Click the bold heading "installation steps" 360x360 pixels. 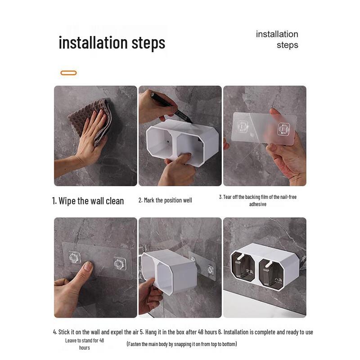(x=112, y=43)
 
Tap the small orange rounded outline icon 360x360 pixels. (x=68, y=73)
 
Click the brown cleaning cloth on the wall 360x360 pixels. (x=92, y=119)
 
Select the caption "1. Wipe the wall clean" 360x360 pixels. (x=88, y=201)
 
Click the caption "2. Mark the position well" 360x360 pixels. (x=165, y=200)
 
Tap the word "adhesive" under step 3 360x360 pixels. (x=257, y=204)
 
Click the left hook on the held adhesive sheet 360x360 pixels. (x=243, y=126)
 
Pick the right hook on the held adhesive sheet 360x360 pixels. (x=284, y=129)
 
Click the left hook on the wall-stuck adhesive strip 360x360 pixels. (x=75, y=257)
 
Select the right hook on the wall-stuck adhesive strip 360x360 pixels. (x=120, y=264)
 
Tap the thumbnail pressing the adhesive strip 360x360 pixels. (x=87, y=266)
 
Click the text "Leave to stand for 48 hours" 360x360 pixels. (x=85, y=344)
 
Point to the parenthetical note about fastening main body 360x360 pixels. (x=182, y=344)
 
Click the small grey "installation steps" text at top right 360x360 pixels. (x=277, y=40)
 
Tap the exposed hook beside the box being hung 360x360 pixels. (x=210, y=269)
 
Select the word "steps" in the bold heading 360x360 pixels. (x=148, y=43)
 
